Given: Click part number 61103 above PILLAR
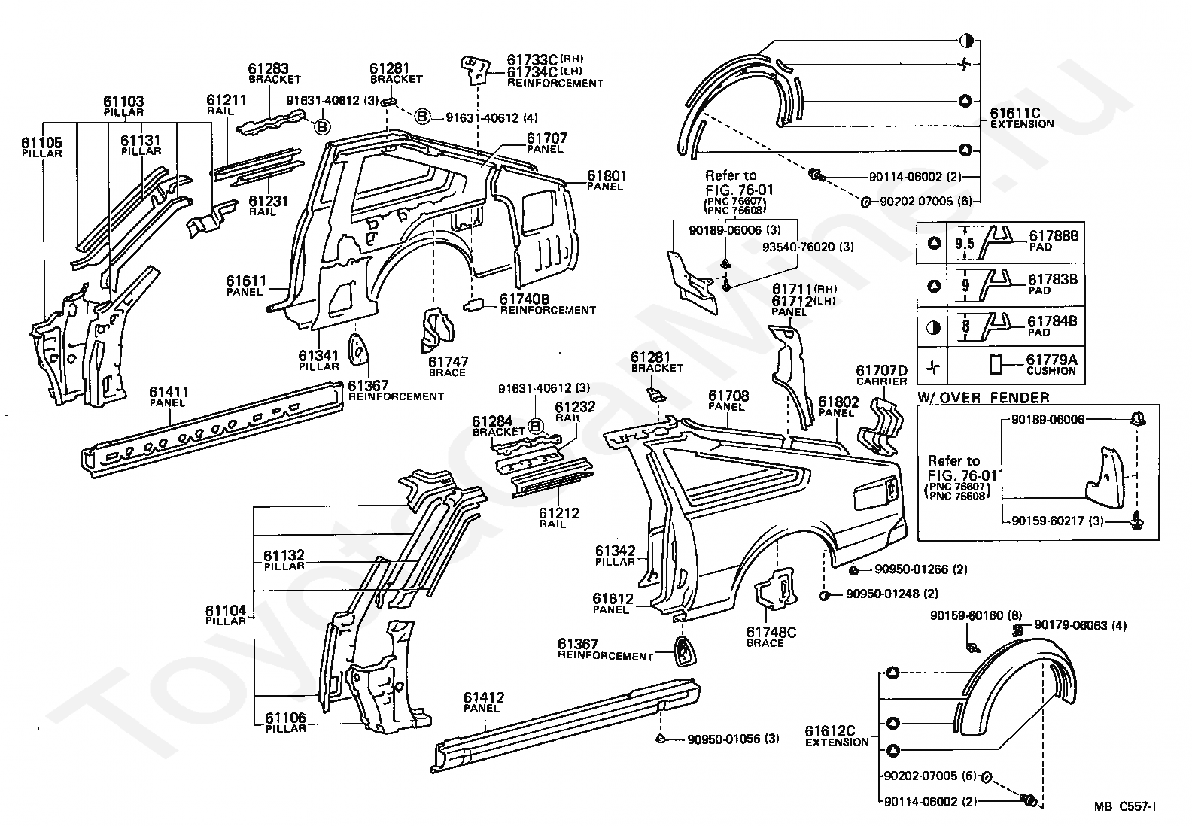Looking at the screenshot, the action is tap(123, 101).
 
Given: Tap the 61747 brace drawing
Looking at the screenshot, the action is tap(437, 329).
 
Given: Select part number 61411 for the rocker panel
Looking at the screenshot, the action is tap(169, 392).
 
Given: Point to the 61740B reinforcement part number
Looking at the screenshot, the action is tap(525, 299).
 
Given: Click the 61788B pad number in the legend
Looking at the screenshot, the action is tap(1054, 235).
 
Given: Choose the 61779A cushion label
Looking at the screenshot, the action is tap(1051, 360).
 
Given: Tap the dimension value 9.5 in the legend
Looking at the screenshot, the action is tap(964, 243).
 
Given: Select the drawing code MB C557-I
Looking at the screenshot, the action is tap(1124, 806).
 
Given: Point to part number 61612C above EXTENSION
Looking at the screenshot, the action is tap(829, 731).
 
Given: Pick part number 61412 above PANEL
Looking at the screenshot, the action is tap(483, 697).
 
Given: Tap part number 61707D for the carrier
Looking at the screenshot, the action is tap(881, 370).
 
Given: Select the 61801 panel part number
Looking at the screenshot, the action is tap(607, 175).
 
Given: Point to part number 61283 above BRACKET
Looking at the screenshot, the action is tap(268, 68).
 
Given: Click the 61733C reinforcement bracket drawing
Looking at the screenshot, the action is tap(475, 70).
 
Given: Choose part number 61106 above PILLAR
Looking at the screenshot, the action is tap(286, 718).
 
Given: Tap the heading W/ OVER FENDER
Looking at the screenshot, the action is tap(984, 398).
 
